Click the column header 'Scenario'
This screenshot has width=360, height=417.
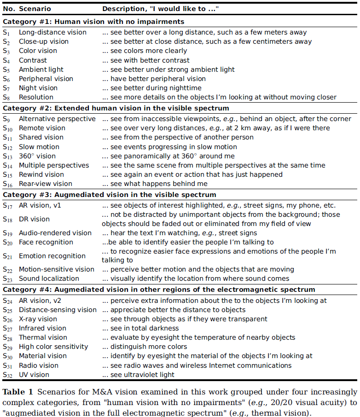(x=35, y=9)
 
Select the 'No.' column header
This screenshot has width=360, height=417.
(x=9, y=9)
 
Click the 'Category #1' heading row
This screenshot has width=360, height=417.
(x=93, y=22)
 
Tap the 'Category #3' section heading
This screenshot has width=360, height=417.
(x=109, y=195)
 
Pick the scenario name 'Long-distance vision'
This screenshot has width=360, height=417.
(x=52, y=33)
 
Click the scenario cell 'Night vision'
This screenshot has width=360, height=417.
(x=38, y=88)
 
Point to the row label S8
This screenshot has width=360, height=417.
(x=6, y=98)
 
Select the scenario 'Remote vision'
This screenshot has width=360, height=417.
(x=42, y=128)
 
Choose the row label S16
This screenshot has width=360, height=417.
(x=8, y=184)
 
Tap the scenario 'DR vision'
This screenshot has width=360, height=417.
(x=34, y=219)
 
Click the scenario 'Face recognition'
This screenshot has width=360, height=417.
(x=46, y=242)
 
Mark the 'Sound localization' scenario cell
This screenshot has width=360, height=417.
(x=49, y=278)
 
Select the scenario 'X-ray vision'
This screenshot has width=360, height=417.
(x=38, y=319)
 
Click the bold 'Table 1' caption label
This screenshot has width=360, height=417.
(x=17, y=392)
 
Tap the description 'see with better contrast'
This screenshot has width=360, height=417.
(x=150, y=60)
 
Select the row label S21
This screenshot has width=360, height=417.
(x=8, y=256)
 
